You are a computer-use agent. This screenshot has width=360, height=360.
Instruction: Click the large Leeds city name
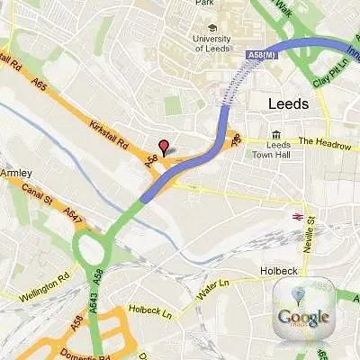pyautogui.click(x=288, y=103)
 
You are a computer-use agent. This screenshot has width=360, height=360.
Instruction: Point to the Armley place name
pyautogui.click(x=16, y=173)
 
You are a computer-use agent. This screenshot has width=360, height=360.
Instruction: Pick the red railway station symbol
pyautogui.click(x=294, y=216)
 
